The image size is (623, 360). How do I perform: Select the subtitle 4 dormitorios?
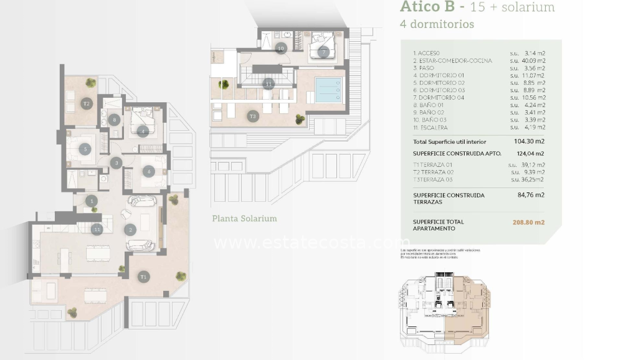[x=436, y=25]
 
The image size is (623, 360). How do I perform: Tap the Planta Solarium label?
[x=244, y=219]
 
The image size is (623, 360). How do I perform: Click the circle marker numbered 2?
[x=130, y=230]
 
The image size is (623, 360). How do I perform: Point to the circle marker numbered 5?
[x=85, y=149]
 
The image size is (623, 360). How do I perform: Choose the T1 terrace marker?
[x=144, y=276]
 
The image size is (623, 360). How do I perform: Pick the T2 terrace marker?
[x=87, y=103]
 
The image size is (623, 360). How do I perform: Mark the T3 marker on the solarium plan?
[x=252, y=116]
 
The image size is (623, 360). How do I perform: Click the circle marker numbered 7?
[x=323, y=52]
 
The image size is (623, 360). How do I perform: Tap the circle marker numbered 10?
[x=280, y=48]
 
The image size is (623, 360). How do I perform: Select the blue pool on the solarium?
[x=328, y=89]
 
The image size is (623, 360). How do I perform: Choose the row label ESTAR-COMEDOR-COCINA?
[x=455, y=61]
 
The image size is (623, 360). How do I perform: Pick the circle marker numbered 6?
[x=148, y=172]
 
